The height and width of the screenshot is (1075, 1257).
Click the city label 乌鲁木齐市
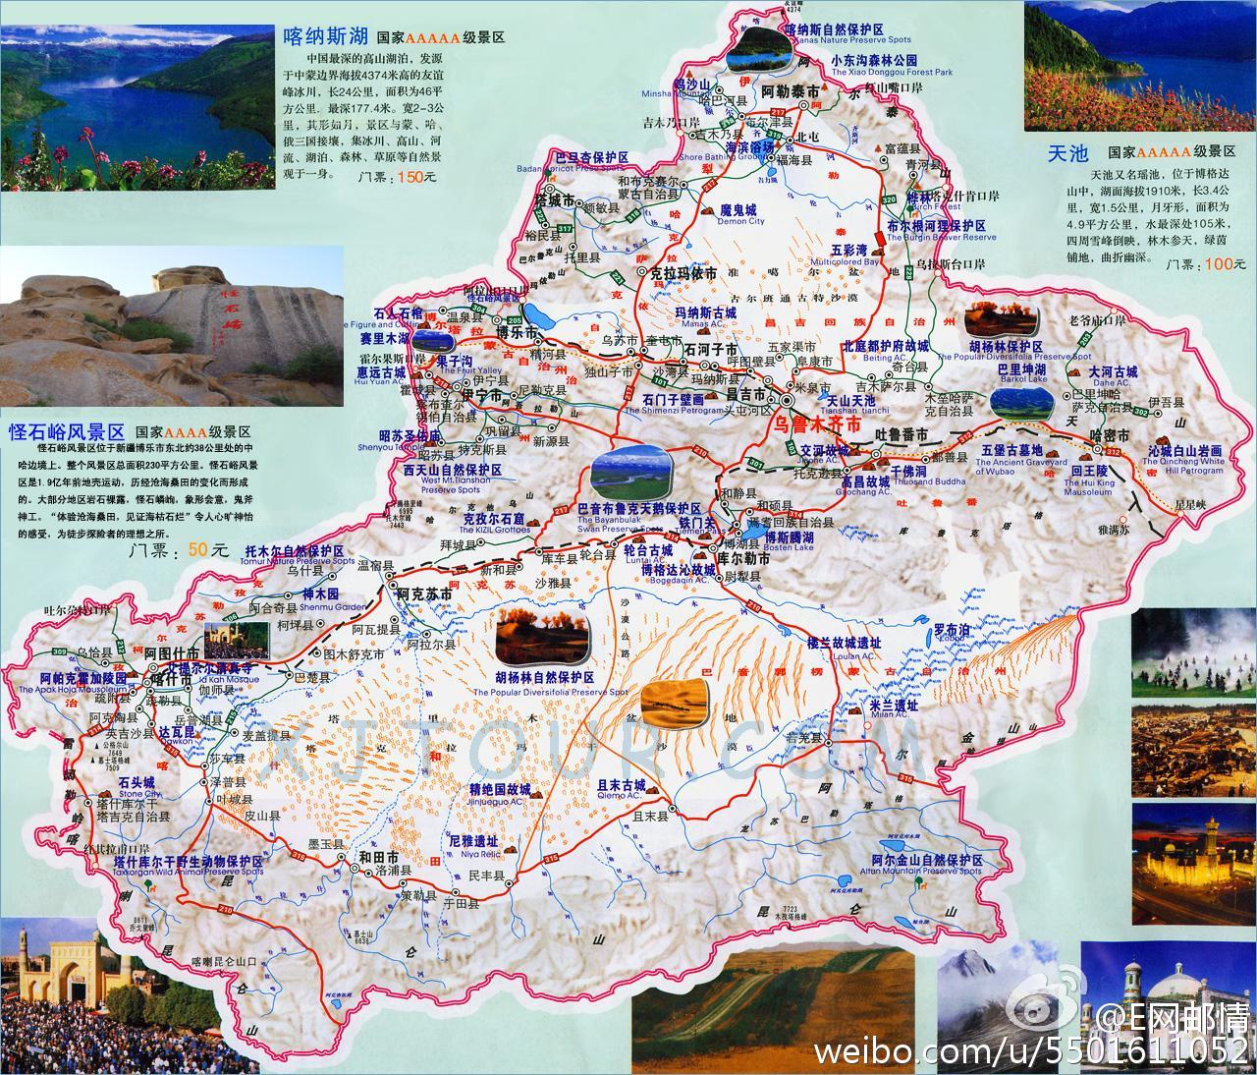(x=817, y=424)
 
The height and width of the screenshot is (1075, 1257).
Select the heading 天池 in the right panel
(x=1068, y=153)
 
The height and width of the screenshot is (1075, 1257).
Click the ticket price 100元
(x=1215, y=264)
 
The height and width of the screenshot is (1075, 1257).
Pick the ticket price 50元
(x=207, y=550)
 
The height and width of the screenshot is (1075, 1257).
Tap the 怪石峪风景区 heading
(x=67, y=430)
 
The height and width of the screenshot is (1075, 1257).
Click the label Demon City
(x=740, y=222)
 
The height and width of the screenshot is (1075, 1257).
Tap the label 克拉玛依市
(x=684, y=272)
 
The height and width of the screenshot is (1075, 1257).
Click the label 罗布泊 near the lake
(x=951, y=628)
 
